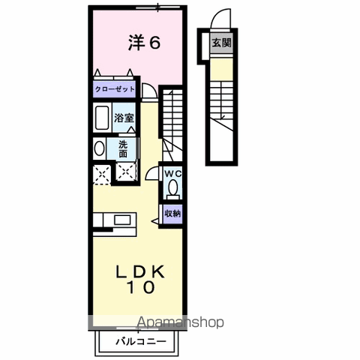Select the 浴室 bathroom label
[x=124, y=118]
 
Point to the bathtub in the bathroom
[x=103, y=118]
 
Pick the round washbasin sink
[x=100, y=148]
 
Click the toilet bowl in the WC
[x=174, y=188]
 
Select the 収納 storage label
[x=173, y=213]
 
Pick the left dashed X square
[x=100, y=174]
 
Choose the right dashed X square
[x=125, y=174]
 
